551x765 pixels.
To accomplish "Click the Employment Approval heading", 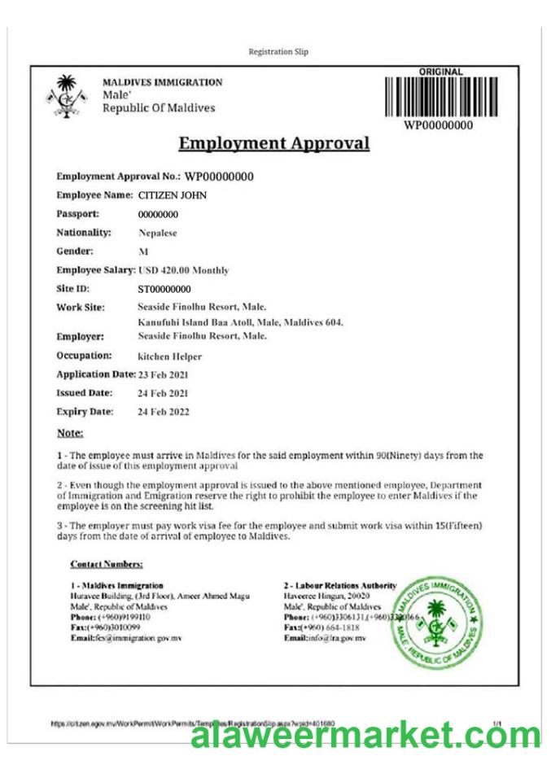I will point(273,144).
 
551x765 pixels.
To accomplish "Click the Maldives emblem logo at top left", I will point(67,97).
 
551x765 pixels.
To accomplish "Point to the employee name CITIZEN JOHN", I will point(173,195).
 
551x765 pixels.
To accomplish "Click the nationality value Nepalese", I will point(157,234).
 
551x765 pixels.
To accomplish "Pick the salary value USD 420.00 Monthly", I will point(183,270).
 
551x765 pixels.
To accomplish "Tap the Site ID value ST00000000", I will point(164,289).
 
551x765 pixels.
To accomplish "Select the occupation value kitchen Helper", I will point(170,356).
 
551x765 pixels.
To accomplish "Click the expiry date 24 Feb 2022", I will point(164,412).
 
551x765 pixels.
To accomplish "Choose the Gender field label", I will point(75,251).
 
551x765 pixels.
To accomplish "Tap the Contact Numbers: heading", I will point(107,564).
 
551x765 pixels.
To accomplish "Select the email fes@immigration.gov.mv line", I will point(125,639).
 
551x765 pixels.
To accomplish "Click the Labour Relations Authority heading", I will point(340,585).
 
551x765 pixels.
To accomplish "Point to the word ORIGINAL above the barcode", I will point(440,72).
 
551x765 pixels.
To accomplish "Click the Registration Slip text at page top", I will point(278,52).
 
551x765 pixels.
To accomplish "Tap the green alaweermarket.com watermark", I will point(365,736).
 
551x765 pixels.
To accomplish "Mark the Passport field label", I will point(78,214).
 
